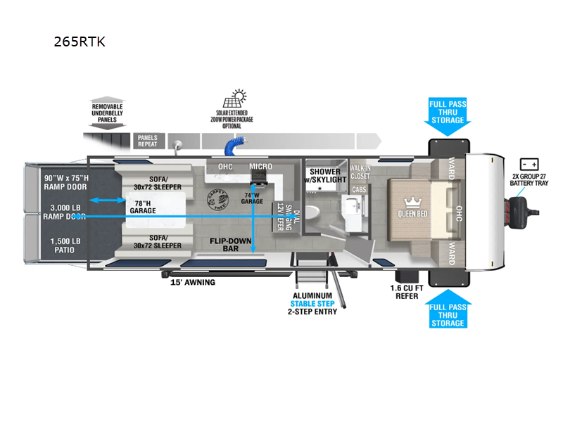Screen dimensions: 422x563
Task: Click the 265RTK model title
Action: (x=80, y=41)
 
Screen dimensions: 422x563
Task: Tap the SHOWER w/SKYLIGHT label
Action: (x=324, y=175)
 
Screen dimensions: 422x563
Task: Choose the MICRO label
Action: (x=260, y=167)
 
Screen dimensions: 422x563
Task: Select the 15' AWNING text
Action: (x=193, y=283)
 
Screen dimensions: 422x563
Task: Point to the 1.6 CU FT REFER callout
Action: (x=407, y=292)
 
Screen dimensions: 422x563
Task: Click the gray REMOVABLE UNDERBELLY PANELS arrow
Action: (x=107, y=112)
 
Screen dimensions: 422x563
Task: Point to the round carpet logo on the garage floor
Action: (x=217, y=200)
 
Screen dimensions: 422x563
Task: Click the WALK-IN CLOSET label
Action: (x=359, y=173)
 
